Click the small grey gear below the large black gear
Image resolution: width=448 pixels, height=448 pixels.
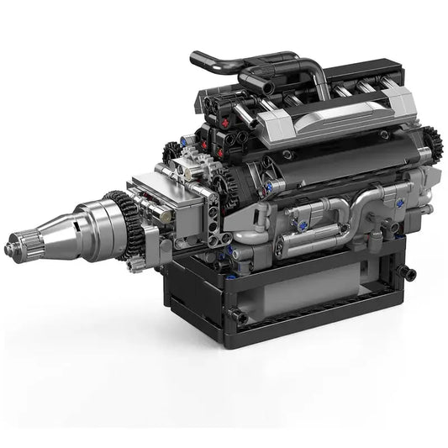click(134, 264)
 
